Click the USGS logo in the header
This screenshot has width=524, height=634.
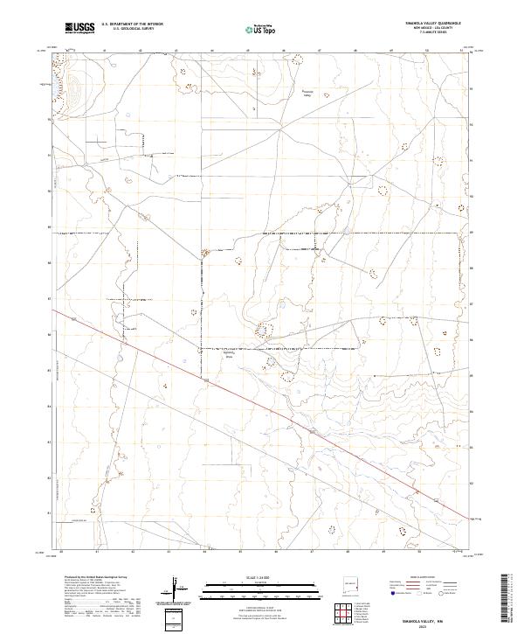click(x=79, y=28)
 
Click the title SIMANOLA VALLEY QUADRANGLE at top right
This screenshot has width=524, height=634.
click(x=424, y=24)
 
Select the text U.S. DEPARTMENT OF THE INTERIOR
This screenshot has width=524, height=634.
click(x=132, y=24)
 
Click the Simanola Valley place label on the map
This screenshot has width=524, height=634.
click(x=307, y=93)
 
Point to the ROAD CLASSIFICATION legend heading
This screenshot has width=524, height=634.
click(x=424, y=578)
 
